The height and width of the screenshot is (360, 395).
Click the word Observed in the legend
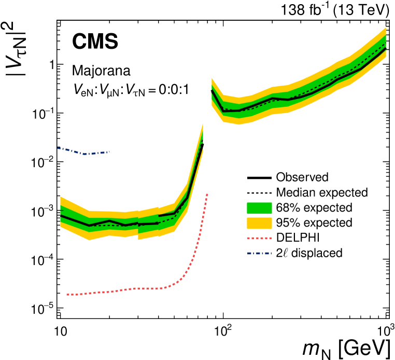(302, 177)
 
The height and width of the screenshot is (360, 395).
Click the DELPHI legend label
(298, 238)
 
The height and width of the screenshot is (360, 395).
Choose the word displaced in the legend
(317, 253)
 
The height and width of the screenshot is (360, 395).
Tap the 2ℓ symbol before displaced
(282, 253)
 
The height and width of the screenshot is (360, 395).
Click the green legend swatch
(259, 208)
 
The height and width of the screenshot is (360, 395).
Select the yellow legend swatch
(259, 223)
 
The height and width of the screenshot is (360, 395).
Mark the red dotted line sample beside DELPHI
(259, 238)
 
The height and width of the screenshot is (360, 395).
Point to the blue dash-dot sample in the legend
(259, 254)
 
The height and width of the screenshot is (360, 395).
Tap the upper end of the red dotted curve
(207, 193)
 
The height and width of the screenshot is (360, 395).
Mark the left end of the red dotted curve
(67, 295)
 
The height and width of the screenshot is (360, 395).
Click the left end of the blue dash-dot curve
(58, 148)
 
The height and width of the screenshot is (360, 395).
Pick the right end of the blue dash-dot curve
(109, 151)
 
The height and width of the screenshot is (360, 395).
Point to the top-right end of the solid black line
(386, 47)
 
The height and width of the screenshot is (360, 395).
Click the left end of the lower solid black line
(61, 215)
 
